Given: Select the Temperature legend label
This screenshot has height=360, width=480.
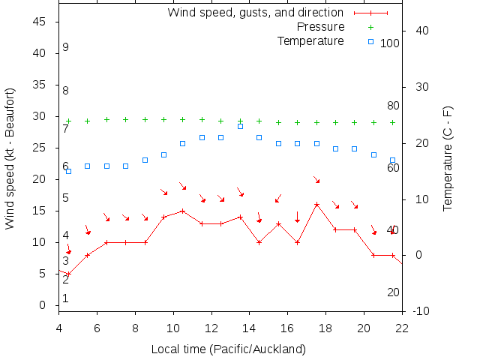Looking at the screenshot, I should coord(310,40).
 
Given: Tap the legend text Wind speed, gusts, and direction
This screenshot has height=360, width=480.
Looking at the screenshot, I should coord(255,13).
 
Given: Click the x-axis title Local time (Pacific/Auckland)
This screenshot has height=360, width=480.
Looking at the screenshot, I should coord(229,349).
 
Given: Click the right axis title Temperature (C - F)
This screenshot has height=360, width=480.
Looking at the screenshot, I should coord(448,158).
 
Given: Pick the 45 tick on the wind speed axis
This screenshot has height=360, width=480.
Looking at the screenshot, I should coord(40,22).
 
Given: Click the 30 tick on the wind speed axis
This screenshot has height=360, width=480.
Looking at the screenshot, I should coord(40,117).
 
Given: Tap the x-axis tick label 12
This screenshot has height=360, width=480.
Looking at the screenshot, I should coord(211,327).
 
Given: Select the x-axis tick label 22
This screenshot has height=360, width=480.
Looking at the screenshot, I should coord(402,327).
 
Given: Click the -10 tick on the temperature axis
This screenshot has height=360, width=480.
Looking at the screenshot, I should coord(421,311).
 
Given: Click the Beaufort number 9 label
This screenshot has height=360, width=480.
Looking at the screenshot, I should coord(66,47).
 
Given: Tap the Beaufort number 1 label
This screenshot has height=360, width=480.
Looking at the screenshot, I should coord(66,298).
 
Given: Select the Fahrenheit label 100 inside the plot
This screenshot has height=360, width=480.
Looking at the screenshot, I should coord(390,43).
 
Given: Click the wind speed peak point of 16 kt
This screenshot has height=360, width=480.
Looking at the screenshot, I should coord(316,205).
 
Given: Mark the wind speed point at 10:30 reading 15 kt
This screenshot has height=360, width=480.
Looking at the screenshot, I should coord(183,211).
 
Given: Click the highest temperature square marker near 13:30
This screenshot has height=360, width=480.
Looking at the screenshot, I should coord(240,126).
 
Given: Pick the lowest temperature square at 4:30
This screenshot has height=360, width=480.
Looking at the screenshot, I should coord(68,171).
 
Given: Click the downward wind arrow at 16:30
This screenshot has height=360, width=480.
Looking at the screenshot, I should coord(297,217).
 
